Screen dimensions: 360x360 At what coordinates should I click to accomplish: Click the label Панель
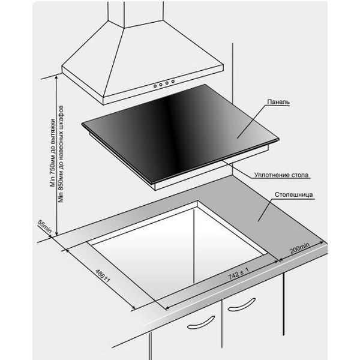pos(278,102)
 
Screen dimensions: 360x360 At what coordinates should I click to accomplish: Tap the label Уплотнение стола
pos(281,175)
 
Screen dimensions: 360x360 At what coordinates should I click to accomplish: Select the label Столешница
pos(293,194)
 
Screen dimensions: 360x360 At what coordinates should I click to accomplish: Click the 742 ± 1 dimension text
pos(238,273)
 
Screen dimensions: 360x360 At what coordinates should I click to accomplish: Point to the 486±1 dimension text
pos(103,276)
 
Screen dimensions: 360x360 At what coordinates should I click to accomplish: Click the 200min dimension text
pos(299,248)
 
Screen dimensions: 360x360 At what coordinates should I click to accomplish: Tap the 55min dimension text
pos(45,227)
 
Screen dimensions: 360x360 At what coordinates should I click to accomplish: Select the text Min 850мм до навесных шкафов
pos(61,154)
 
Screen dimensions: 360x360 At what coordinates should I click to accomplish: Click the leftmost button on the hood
pos(155,86)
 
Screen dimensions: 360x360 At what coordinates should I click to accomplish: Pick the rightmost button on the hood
pos(173,81)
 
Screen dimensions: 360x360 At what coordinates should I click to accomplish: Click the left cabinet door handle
pos(201,323)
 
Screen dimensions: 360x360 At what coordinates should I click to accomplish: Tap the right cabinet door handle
pos(242,305)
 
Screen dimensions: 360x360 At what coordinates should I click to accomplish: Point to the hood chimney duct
pos(136,14)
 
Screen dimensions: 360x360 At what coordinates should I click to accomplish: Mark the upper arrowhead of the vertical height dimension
pos(56,77)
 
